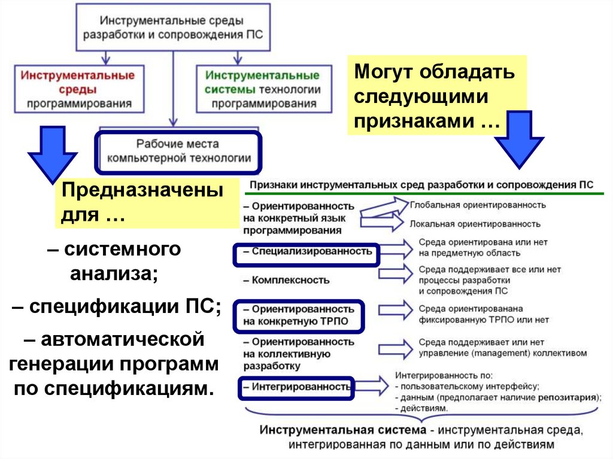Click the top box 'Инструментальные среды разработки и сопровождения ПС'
[x=173, y=28]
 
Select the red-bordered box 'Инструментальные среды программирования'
[x=78, y=89]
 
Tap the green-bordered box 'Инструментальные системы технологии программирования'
[x=263, y=89]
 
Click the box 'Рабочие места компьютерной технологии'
[x=178, y=151]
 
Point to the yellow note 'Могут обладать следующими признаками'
[x=436, y=95]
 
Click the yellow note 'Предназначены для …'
[x=147, y=203]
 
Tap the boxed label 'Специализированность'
[x=306, y=252]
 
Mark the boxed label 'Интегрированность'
[x=296, y=387]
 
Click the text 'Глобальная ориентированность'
[x=478, y=205]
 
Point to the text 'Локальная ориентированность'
[x=475, y=224]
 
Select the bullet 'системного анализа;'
[x=114, y=262]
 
